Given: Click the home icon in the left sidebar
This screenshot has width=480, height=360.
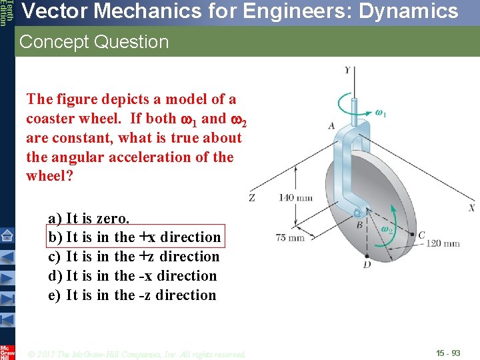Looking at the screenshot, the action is point(7,235).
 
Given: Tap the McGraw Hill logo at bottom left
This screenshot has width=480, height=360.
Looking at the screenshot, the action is point(7,351).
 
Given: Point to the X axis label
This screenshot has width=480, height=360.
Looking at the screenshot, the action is point(471,208).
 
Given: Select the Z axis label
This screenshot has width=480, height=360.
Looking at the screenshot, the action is point(252,198).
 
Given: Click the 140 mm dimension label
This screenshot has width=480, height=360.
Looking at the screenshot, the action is point(295,197).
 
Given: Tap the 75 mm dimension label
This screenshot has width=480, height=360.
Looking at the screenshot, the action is point(290,237).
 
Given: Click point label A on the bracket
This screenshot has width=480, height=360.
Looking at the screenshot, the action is point(331,125).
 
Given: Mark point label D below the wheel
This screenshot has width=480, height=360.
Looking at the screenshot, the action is point(367,265).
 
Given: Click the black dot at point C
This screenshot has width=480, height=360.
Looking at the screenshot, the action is point(411,235).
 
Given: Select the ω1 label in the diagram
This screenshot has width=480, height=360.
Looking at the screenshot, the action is point(381,114).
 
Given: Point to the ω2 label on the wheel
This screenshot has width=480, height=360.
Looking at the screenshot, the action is point(386,228).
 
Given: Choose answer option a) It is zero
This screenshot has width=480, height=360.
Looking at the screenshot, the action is point(89,218).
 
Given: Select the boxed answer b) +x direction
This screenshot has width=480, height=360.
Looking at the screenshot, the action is point(134,237).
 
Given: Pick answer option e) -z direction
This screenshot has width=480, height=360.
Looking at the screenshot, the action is point(132,295).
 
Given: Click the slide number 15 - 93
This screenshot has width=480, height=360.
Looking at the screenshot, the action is point(448,352).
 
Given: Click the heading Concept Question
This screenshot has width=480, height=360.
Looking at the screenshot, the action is point(94,42).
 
